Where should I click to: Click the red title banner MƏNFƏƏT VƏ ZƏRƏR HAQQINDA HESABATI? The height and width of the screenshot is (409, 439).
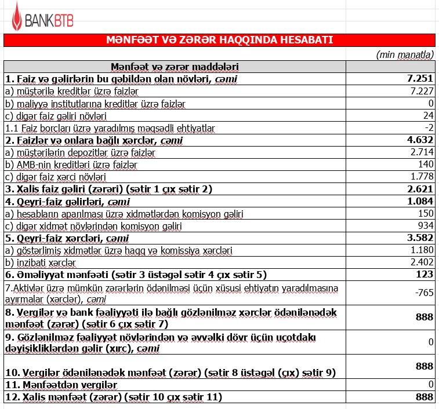[219, 40]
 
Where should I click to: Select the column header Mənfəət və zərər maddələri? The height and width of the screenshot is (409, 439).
[175, 67]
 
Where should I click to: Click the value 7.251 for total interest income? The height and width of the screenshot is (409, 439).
[420, 79]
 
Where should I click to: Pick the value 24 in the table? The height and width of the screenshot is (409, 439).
[428, 115]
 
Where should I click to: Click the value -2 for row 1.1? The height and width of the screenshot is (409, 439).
[429, 127]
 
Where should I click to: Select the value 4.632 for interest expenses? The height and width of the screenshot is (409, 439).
[420, 140]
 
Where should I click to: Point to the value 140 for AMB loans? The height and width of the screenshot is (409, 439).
[426, 164]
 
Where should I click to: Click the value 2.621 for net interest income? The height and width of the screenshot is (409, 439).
[420, 189]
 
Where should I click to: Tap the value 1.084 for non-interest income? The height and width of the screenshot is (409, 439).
[420, 202]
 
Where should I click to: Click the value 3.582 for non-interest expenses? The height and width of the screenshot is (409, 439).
[420, 238]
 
